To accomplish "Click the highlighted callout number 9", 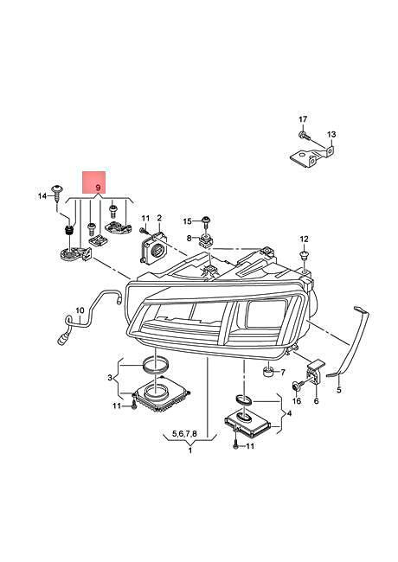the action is point(98,188).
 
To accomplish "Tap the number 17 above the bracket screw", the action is point(303,119).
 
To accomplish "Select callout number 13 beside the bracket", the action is point(331,135).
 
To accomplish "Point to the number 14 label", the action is point(42,196).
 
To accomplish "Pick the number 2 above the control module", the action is point(159,218).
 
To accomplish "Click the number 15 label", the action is point(188,221).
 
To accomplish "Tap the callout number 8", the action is point(189,237).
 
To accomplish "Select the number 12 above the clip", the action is point(304,239).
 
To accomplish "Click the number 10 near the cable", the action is point(80,310).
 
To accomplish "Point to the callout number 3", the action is point(110,378).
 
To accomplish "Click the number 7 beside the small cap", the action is point(283,373).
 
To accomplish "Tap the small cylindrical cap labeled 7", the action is point(268,372).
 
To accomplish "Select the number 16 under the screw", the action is point(297,400).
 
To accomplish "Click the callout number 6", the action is point(316,400).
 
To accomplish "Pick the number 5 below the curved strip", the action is point(339,390).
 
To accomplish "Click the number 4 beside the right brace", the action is point(289,413).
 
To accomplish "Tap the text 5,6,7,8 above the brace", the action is point(184,434).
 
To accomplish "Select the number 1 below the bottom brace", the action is point(190,450).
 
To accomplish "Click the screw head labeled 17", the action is point(301,135).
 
